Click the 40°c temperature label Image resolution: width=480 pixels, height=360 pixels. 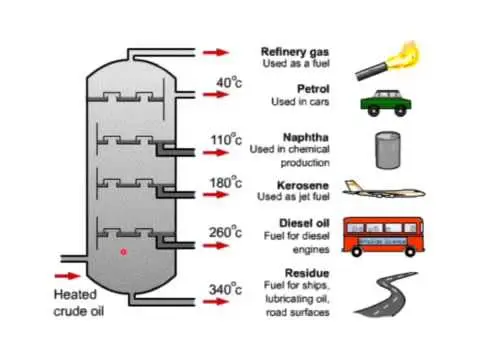point(229,82)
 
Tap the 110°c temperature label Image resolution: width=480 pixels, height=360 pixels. point(226,139)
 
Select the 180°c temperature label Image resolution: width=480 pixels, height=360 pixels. point(226,182)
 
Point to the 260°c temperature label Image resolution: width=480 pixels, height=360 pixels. point(225,232)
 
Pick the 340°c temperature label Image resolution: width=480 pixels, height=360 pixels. point(225,289)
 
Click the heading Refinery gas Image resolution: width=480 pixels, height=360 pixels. point(295,52)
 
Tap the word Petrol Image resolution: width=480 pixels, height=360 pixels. point(313,89)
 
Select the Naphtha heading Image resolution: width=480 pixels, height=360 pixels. point(306,137)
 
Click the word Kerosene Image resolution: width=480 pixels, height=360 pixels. point(303,185)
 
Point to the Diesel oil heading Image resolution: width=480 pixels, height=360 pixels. point(304,223)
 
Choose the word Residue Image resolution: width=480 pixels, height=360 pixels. point(307,273)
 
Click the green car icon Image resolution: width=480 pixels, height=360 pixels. point(386,103)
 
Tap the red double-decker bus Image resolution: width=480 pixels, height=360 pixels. point(383,237)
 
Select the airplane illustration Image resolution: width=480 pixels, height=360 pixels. point(384,190)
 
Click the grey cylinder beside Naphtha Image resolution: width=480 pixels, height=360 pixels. point(388,150)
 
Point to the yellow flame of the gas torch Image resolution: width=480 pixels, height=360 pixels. point(407,55)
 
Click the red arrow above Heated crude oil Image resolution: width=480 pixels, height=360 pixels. point(67,276)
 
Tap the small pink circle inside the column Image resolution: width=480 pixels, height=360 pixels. point(123,252)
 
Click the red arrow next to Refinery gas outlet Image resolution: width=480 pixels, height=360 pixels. point(216,52)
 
